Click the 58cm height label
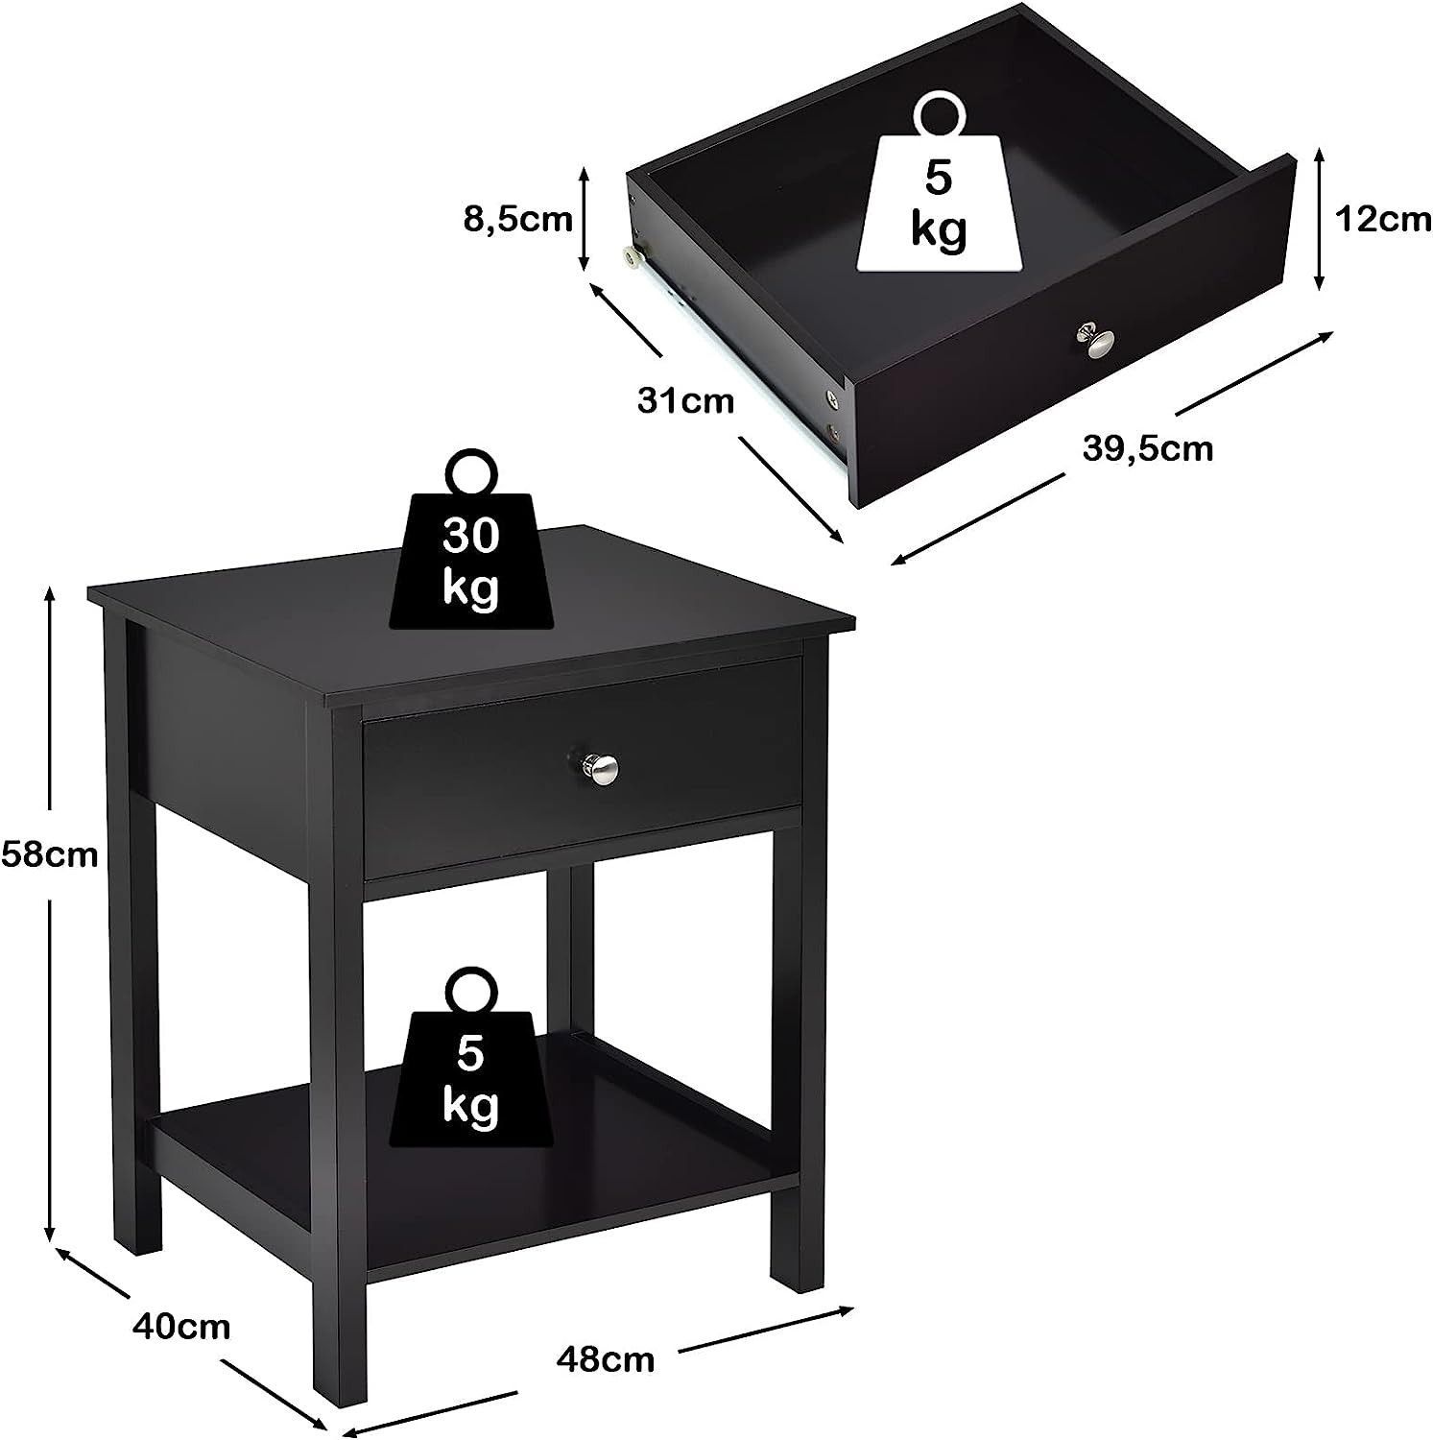tap(49, 853)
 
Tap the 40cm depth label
tap(181, 1328)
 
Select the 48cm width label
tap(606, 1359)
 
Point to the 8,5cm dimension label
tap(517, 220)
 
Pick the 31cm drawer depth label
tap(685, 399)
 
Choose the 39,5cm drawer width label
tap(1148, 448)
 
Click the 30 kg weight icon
tap(471, 557)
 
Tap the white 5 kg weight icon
tap(939, 197)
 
